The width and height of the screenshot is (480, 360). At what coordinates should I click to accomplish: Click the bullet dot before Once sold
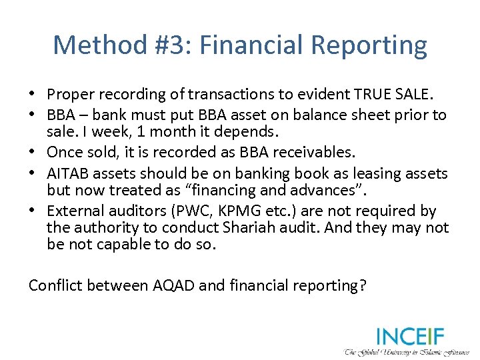(x=35, y=153)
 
